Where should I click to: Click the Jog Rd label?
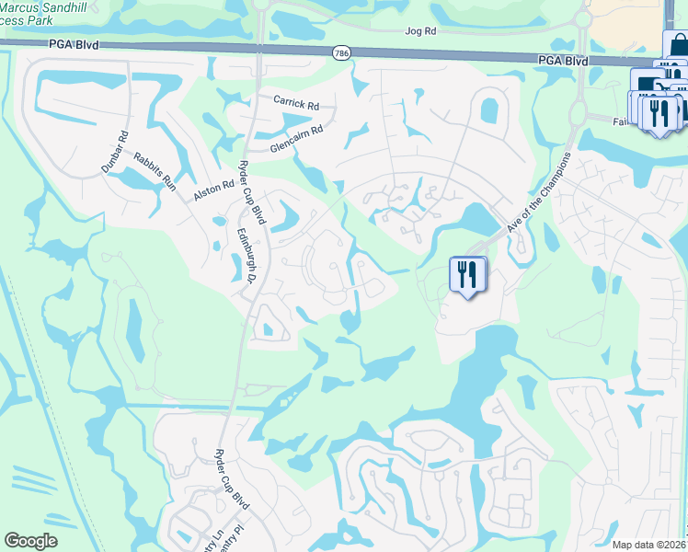pyautogui.click(x=420, y=30)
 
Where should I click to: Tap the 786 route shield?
pyautogui.click(x=341, y=53)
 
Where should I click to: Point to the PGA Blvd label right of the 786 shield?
pyautogui.click(x=563, y=60)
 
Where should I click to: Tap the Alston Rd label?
pyautogui.click(x=214, y=190)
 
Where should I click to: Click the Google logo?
pyautogui.click(x=30, y=541)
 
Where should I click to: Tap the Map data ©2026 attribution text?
pyautogui.click(x=648, y=545)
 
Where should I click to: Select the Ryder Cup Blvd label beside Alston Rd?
pyautogui.click(x=251, y=190)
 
